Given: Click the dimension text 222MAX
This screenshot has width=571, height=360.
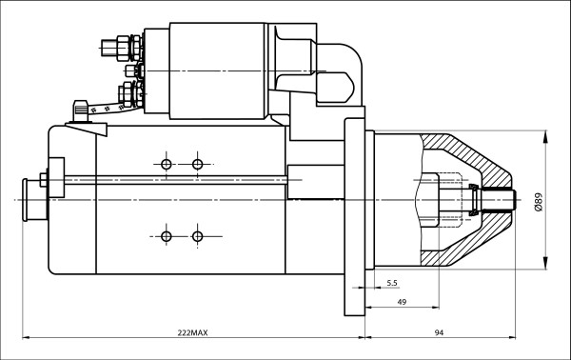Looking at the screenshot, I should (x=192, y=332).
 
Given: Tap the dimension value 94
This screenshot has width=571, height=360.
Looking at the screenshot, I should (x=440, y=332).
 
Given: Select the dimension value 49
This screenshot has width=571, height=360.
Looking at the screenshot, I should (x=403, y=302).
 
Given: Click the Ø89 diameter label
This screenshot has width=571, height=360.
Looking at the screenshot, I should (x=539, y=202).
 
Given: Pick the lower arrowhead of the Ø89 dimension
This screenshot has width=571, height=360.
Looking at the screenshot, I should (x=545, y=266).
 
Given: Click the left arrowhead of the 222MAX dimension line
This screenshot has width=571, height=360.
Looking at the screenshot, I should (x=26, y=337).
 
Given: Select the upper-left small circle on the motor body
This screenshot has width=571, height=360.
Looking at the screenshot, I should (x=167, y=165).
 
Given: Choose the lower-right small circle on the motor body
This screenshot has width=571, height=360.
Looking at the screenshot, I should (x=197, y=235).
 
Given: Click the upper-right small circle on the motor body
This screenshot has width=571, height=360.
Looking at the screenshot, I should (x=197, y=165).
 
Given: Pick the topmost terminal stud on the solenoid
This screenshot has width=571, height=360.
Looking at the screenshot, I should (x=119, y=44).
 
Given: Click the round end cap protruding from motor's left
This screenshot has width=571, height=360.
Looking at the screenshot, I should (x=32, y=199).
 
